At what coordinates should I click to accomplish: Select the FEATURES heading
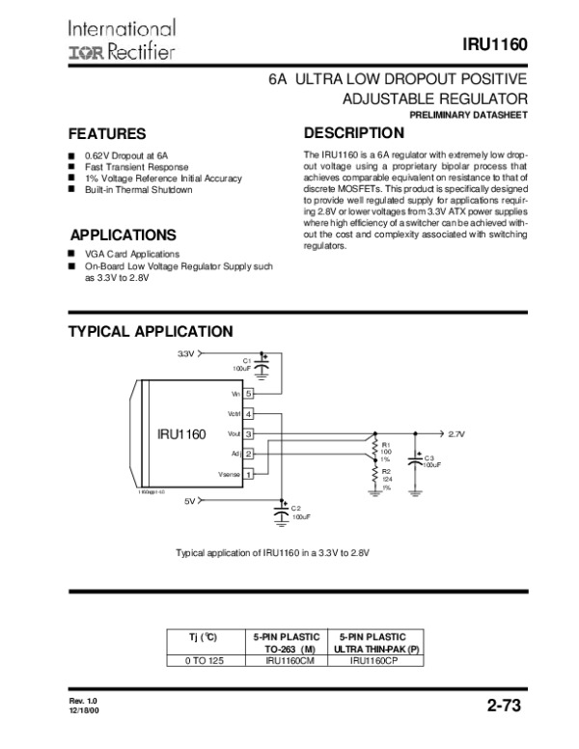(x=106, y=133)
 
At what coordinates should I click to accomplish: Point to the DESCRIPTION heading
(x=353, y=132)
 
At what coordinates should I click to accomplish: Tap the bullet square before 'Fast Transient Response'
(x=71, y=166)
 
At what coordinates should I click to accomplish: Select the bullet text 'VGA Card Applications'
(x=119, y=253)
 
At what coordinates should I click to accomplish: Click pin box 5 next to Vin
(x=249, y=394)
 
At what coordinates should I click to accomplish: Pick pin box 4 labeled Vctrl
(x=249, y=414)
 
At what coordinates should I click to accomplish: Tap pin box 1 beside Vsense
(x=249, y=474)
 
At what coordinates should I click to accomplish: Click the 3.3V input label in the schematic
(x=185, y=354)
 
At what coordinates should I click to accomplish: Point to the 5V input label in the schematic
(x=190, y=501)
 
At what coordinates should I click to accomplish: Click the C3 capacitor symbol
(x=416, y=461)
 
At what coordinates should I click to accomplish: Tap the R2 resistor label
(x=386, y=472)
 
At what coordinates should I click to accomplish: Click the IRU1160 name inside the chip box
(x=182, y=434)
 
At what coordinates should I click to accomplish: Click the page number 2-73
(x=503, y=707)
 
